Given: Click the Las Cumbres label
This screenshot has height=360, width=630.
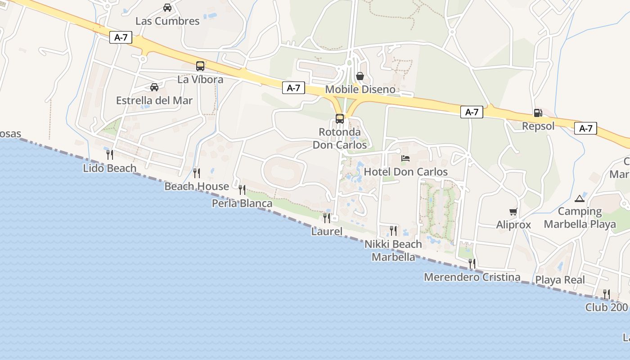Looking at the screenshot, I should [x=167, y=21].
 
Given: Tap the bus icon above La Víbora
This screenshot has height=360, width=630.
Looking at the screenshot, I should [x=200, y=66].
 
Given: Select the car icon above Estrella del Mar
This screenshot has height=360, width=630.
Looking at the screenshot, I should [x=154, y=87].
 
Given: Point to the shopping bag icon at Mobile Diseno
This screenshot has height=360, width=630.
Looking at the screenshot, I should [x=360, y=76].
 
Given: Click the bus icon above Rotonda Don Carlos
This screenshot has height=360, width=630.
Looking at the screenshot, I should [x=340, y=119].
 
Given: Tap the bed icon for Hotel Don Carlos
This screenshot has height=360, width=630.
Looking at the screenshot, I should [x=405, y=158].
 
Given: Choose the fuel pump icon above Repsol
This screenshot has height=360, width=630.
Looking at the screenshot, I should [x=538, y=112].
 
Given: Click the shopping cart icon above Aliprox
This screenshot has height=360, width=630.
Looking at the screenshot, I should [x=513, y=211].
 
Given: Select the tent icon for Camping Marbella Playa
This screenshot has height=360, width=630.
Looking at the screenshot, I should [x=580, y=198].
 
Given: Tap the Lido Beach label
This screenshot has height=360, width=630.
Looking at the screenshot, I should [x=110, y=168].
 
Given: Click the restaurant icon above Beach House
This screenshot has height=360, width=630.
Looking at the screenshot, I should [x=197, y=173].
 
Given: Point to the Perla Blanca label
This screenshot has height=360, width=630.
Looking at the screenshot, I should [x=242, y=204].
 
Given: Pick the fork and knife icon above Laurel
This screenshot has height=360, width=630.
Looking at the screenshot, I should [x=327, y=218].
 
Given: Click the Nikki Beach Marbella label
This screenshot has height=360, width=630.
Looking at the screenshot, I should [x=393, y=251].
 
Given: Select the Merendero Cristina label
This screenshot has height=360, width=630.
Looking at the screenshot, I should [x=472, y=277].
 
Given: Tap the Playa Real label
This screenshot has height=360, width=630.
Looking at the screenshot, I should [x=560, y=280].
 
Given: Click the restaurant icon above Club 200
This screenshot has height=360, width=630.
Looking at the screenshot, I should [x=607, y=294].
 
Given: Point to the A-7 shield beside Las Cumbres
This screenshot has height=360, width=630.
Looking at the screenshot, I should [x=121, y=37].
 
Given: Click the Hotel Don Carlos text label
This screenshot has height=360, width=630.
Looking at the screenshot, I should [x=405, y=172].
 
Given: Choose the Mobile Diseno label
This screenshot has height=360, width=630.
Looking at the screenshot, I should [x=360, y=90].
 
